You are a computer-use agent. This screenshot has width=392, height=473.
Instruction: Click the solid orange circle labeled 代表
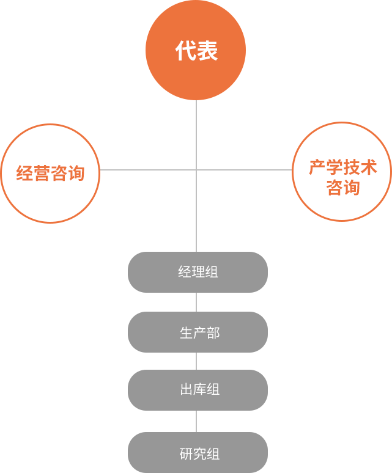pyautogui.click(x=196, y=50)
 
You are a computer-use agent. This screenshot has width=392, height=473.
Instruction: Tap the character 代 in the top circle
pyautogui.click(x=185, y=50)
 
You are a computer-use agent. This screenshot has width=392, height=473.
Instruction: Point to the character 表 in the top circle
pyautogui.click(x=207, y=50)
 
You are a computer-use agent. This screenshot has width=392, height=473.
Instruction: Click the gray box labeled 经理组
pyautogui.click(x=198, y=272)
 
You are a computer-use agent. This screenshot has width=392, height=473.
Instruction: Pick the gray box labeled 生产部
pyautogui.click(x=198, y=332)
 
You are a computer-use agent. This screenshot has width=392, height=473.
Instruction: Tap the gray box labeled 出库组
pyautogui.click(x=198, y=390)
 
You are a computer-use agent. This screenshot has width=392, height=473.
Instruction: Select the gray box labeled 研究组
pyautogui.click(x=198, y=452)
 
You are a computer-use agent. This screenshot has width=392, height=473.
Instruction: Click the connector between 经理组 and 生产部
pyautogui.click(x=196, y=302)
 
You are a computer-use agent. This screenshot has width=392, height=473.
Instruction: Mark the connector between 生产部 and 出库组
pyautogui.click(x=196, y=361)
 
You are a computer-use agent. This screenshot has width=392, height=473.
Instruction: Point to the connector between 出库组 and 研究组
pyautogui.click(x=196, y=422)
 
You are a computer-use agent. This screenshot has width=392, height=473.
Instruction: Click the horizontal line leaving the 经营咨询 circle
pyautogui.click(x=148, y=170)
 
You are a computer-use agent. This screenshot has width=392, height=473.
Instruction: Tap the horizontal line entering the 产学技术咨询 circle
pyautogui.click(x=245, y=170)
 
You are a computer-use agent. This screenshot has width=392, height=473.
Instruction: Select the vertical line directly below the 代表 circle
pyautogui.click(x=196, y=135)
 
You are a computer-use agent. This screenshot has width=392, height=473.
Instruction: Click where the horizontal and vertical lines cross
pyautogui.click(x=196, y=170)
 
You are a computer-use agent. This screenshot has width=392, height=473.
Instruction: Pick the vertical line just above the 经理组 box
pyautogui.click(x=196, y=211)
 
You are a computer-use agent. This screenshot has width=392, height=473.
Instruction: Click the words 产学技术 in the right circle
pyautogui.click(x=343, y=167)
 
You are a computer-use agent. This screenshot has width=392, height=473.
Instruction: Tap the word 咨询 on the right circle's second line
pyautogui.click(x=343, y=188)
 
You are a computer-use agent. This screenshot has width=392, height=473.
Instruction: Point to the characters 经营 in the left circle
pyautogui.click(x=33, y=173)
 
